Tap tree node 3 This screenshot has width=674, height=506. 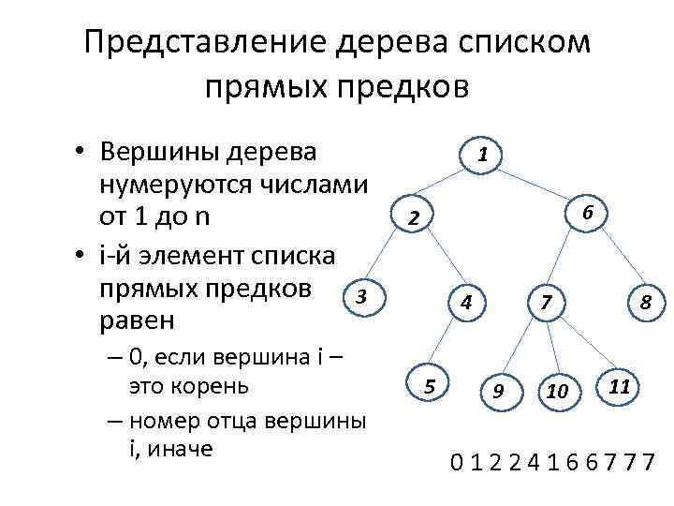pos(361,298)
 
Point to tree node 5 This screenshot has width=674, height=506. pos(429,384)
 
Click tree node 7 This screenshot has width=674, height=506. pos(547,303)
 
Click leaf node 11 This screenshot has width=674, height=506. pos(618,385)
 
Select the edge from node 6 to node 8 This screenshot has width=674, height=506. pos(616,257)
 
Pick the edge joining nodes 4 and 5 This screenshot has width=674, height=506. pos(447,343)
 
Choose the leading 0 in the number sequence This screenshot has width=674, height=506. pos(457,461)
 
